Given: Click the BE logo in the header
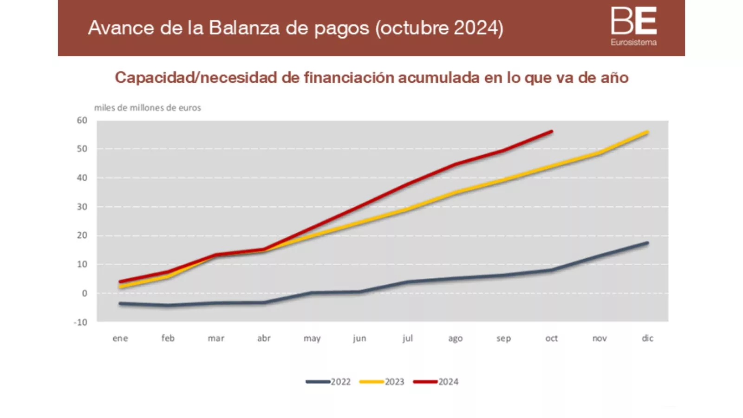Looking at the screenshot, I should coord(633,21).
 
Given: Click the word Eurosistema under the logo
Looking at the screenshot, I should coord(633,42).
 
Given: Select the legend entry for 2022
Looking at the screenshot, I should coord(328,382).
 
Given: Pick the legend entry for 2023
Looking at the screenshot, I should coord(382,382).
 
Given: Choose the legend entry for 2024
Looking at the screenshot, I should coord(436,382).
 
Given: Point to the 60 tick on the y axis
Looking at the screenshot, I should coord(82,120).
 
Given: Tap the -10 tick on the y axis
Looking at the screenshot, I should coord(81,322).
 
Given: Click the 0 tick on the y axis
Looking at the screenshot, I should coord(85,294).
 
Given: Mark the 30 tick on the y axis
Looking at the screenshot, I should coord(82,207).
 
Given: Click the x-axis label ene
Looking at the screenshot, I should coord(120,338).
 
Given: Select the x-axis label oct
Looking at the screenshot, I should coord(552,338).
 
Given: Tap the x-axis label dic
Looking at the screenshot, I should coord(647,338).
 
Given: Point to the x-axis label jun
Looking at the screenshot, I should coord(360,338).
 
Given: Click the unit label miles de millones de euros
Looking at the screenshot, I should coord(148,108).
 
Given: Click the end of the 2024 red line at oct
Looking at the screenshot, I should coord(552,131).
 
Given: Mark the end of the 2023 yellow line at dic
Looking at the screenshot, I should coord(647,132).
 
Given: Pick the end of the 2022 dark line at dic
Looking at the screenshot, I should coord(647,243).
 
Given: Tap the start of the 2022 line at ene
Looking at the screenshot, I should coord(120,304).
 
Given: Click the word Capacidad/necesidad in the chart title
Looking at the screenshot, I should coord(196,78).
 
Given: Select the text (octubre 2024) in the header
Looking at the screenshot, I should coord(439,28).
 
